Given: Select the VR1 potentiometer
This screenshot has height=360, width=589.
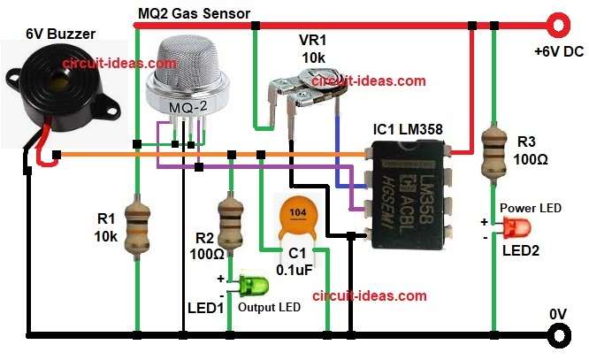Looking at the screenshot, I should [x=300, y=99].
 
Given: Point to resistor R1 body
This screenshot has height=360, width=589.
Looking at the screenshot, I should [x=137, y=227].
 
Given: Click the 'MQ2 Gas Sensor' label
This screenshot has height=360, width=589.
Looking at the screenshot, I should [x=195, y=12].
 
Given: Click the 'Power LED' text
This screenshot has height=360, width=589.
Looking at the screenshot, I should [x=530, y=208].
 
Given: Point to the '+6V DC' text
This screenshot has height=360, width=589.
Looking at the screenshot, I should [x=559, y=52].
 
